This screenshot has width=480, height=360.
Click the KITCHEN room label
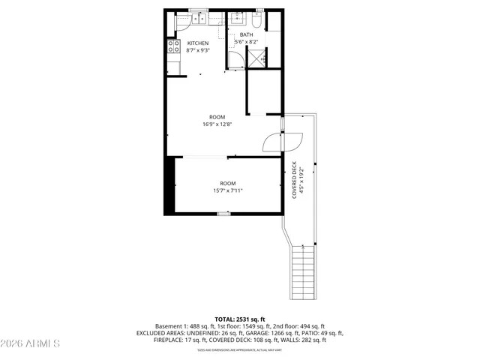(198, 43)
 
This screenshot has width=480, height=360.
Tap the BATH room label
(247, 34)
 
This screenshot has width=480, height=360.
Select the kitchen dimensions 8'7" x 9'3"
(198, 50)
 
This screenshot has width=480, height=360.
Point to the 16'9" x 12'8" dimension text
(217, 124)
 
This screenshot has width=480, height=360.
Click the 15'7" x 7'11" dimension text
(227, 190)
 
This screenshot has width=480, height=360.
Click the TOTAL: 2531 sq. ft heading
(240, 319)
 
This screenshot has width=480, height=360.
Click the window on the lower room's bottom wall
(223, 214)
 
